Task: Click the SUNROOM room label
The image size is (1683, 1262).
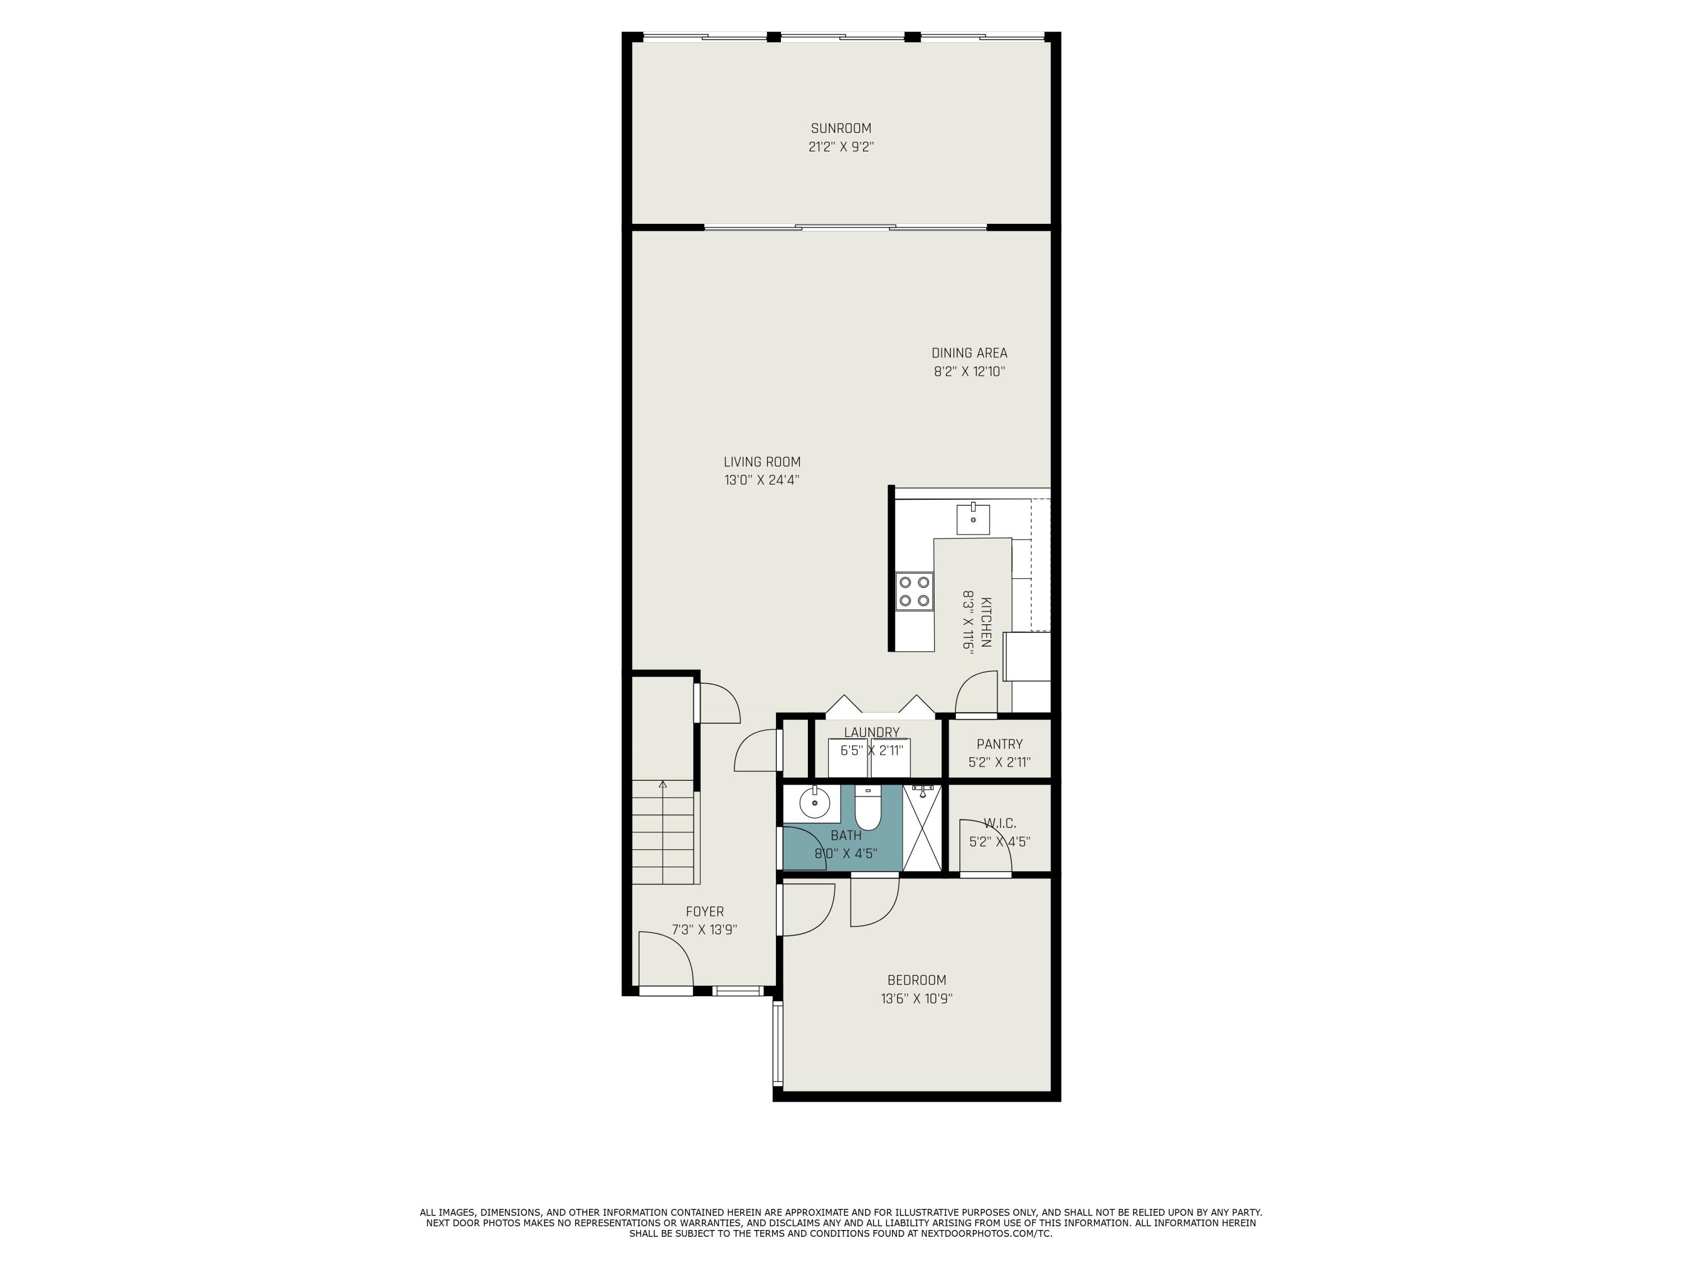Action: (x=841, y=128)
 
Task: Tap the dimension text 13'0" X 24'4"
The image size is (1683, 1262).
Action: (x=762, y=480)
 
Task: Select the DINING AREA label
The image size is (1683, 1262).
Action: (x=969, y=353)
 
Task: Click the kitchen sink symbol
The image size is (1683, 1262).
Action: (x=973, y=519)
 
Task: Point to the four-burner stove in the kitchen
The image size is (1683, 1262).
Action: (x=914, y=591)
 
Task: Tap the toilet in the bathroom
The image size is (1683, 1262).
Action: (x=867, y=809)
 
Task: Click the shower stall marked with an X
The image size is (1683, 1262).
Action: (x=921, y=828)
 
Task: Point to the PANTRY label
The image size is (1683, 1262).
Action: (x=999, y=744)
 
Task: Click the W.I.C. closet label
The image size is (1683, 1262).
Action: (x=999, y=823)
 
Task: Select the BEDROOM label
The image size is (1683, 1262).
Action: (x=917, y=980)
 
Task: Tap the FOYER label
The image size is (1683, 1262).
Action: (x=705, y=911)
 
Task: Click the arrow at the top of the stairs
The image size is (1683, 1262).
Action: (x=663, y=784)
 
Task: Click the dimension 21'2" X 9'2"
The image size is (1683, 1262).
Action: (x=841, y=147)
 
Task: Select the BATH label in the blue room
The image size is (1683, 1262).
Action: (x=845, y=835)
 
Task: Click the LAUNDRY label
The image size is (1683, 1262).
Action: (x=871, y=733)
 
